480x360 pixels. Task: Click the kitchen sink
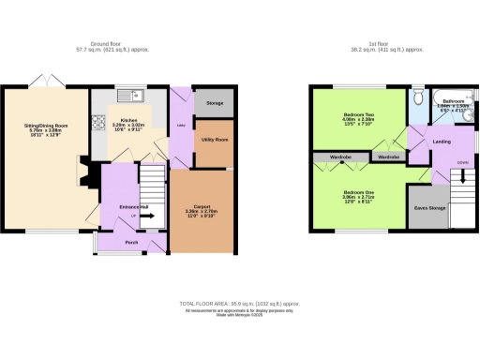pos(137,94)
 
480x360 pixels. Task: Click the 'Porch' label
pos(132,241)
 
